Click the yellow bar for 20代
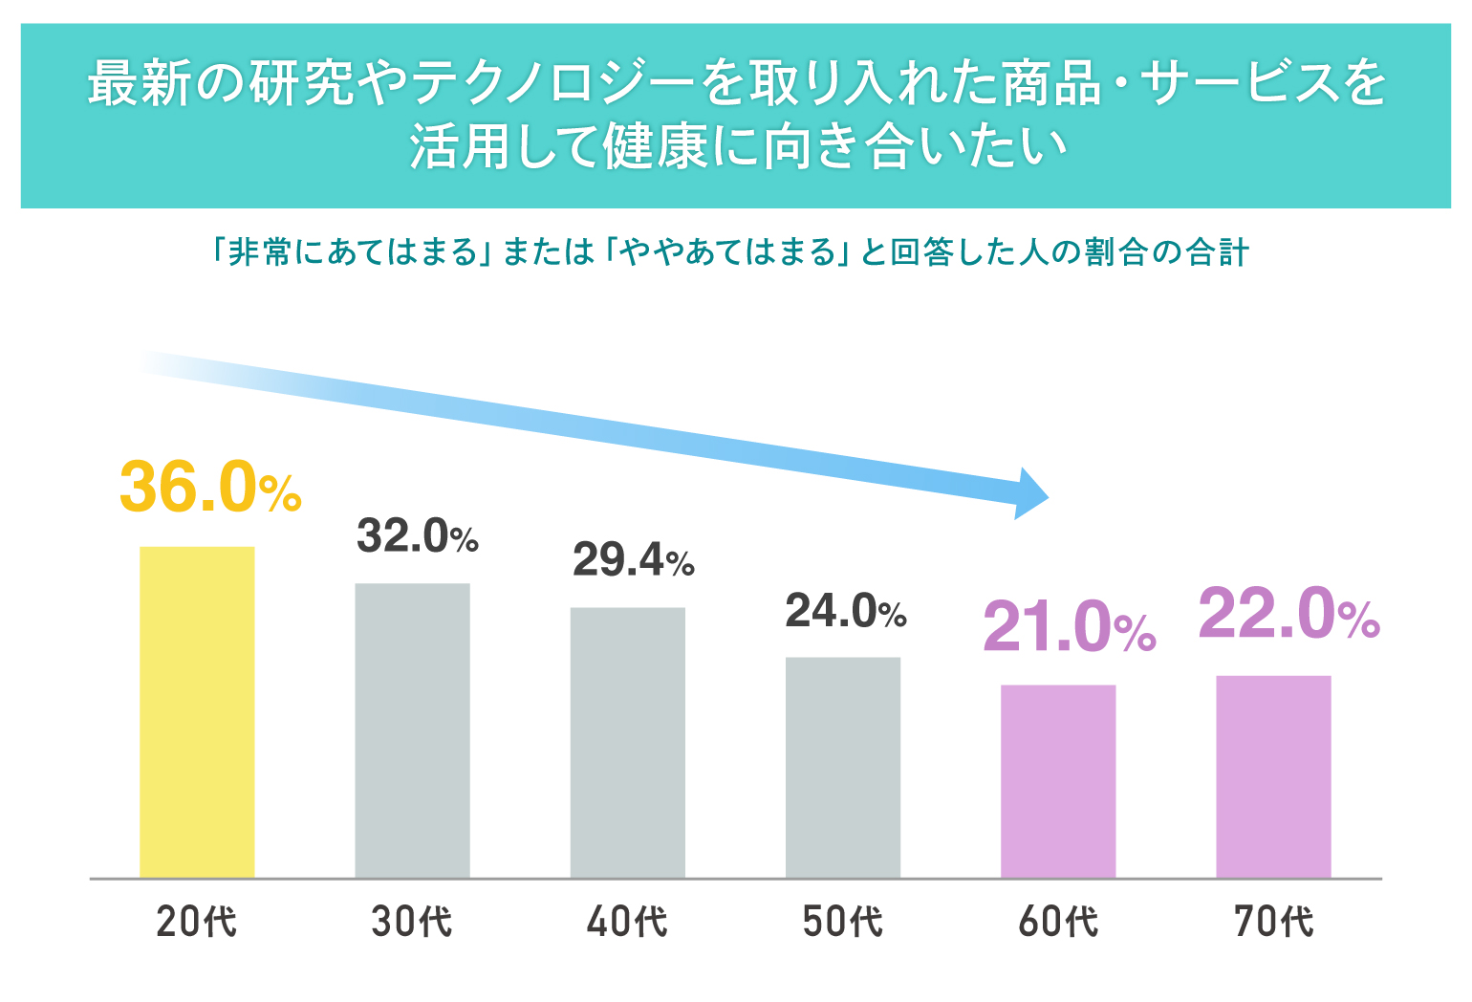[197, 711]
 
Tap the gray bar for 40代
[627, 742]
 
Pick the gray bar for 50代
[842, 767]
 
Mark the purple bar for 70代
[1273, 776]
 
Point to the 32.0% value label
[417, 536]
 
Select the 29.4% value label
[633, 560]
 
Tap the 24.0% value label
[845, 611]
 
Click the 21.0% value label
[1069, 627]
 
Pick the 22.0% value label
[1288, 614]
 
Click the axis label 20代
[197, 922]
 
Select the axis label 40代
[627, 922]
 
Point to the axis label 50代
[842, 922]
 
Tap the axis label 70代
[1273, 922]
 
